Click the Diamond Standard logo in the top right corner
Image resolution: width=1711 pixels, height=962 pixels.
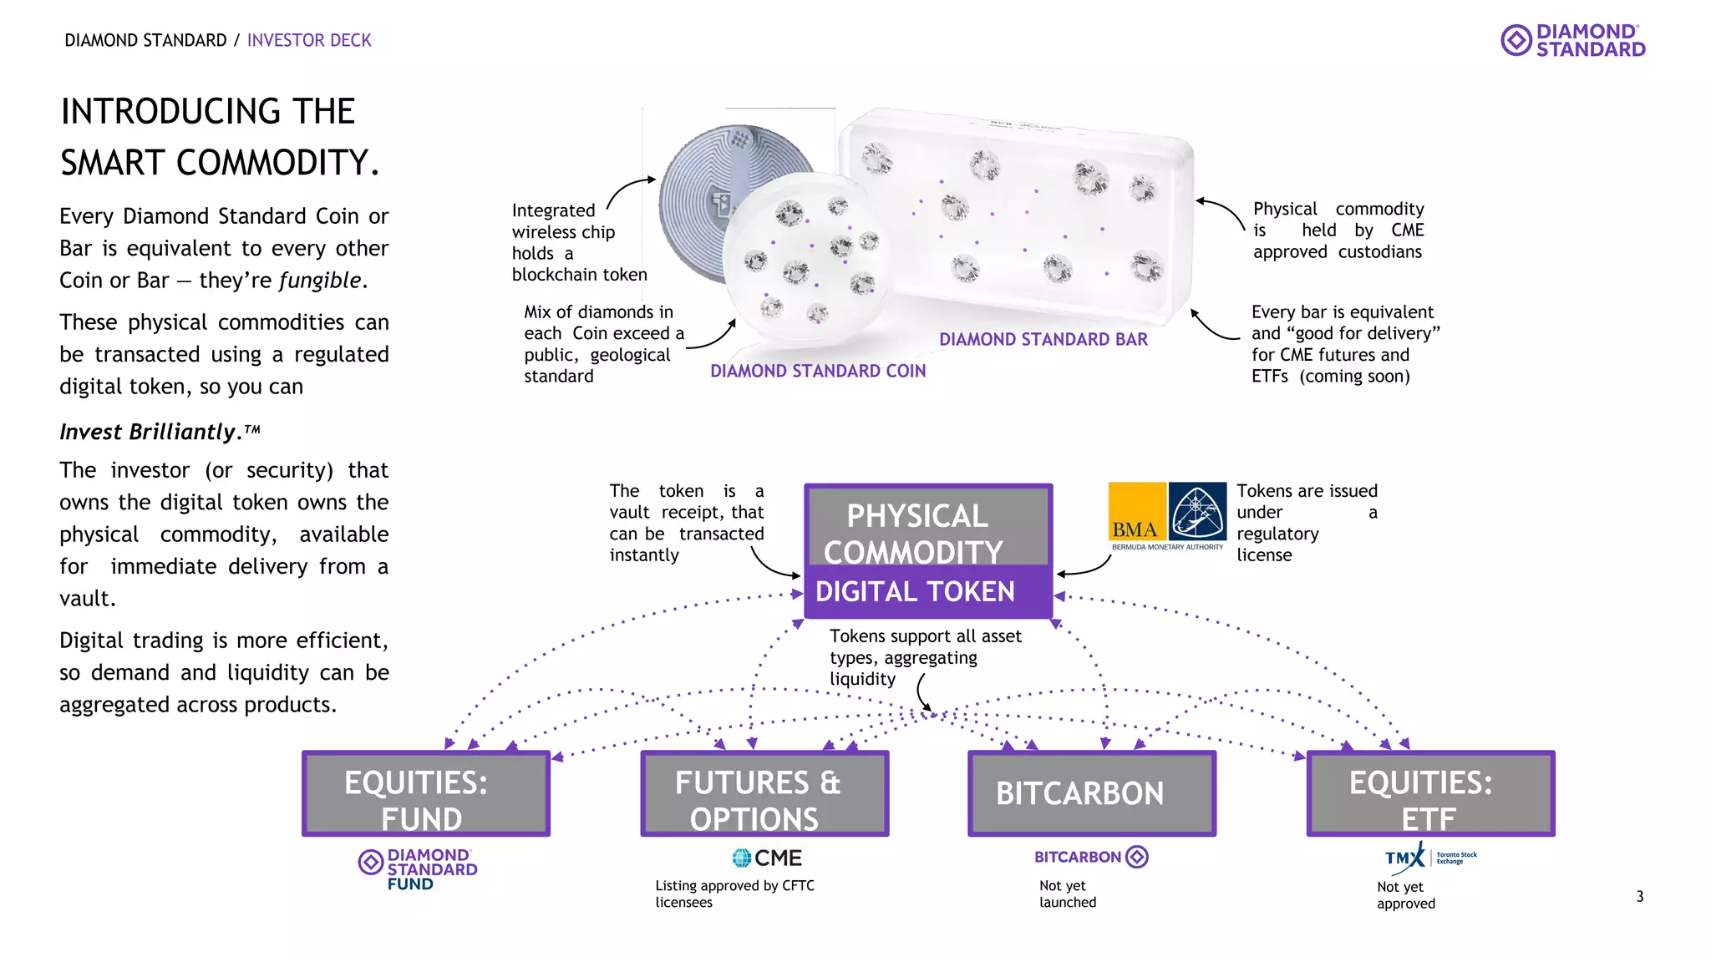click(x=1572, y=40)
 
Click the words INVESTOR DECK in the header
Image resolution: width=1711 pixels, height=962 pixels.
click(x=309, y=40)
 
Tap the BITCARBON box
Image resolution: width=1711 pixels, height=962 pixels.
click(x=1091, y=793)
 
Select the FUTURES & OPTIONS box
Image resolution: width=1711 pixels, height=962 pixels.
click(x=764, y=793)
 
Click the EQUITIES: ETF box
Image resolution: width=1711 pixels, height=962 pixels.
click(x=1430, y=793)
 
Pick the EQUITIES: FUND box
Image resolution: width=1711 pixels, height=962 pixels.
click(x=425, y=793)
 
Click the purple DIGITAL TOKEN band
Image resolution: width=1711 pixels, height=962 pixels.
click(x=927, y=592)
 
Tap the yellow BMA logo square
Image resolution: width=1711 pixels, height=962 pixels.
click(x=1136, y=511)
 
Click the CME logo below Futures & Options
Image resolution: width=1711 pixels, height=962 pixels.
click(x=766, y=858)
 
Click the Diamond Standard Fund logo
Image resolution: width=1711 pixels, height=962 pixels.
click(x=418, y=868)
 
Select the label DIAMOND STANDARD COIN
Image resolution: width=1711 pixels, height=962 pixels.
click(x=817, y=371)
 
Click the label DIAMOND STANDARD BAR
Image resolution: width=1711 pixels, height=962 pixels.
click(x=1043, y=339)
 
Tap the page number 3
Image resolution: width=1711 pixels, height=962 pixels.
click(x=1639, y=896)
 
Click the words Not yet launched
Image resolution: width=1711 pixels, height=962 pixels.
click(x=1067, y=894)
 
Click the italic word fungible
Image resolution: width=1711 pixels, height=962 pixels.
click(x=321, y=281)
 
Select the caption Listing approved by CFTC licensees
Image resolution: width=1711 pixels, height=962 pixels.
click(x=734, y=894)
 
